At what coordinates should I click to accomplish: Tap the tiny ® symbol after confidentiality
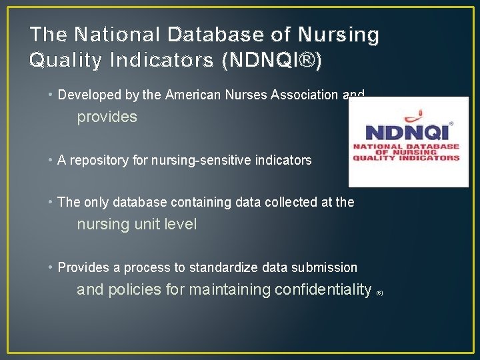click(379, 293)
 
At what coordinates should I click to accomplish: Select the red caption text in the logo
click(406, 152)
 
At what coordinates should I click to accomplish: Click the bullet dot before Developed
click(51, 95)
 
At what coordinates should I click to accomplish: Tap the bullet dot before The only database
click(51, 202)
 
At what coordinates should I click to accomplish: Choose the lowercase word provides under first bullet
click(107, 117)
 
